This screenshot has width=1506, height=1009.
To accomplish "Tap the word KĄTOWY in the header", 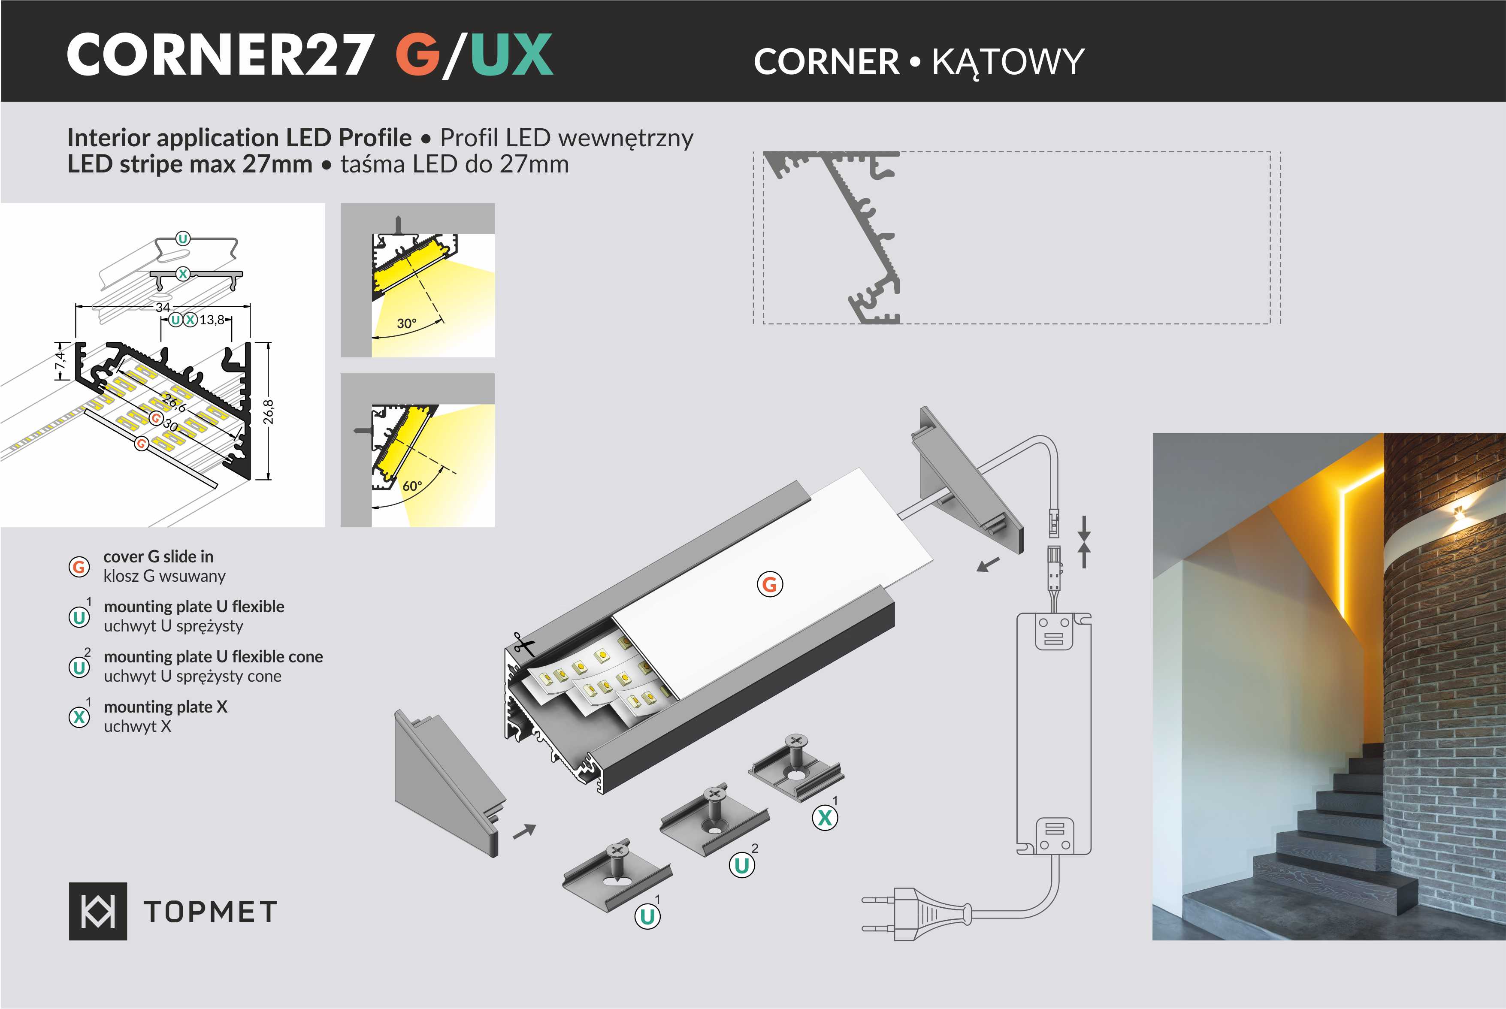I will [x=1008, y=63].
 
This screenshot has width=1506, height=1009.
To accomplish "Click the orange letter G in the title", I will [x=417, y=55].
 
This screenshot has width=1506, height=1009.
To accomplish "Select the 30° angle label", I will [x=406, y=323].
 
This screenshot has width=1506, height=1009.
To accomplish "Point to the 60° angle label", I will [x=412, y=486].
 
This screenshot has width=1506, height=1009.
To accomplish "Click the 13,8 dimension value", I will [x=212, y=320].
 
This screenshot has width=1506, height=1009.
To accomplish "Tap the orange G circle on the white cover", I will [x=770, y=584].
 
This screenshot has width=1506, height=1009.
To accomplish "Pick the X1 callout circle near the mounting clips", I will [x=825, y=818].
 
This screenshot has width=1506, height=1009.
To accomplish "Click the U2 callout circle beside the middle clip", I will [x=741, y=865].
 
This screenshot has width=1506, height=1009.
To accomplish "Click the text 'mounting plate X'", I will [x=166, y=707].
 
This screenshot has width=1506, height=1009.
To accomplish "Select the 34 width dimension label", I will [x=163, y=308].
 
